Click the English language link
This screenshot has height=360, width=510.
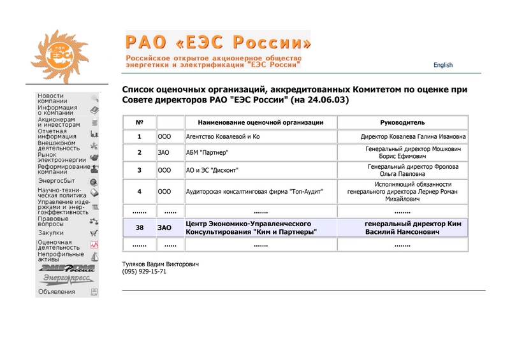[442, 65]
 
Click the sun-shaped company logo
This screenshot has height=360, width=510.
[61, 55]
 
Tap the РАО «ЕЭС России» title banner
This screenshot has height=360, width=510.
[218, 43]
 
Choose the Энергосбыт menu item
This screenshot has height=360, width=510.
[56, 181]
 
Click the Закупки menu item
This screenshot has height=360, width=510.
[51, 233]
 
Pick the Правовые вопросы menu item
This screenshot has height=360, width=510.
[53, 221]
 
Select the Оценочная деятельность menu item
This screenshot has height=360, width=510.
[58, 245]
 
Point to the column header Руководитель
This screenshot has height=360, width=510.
[402, 122]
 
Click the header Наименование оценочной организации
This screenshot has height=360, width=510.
[261, 122]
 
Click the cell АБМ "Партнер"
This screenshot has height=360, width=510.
[207, 153]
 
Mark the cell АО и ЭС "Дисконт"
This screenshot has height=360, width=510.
[212, 171]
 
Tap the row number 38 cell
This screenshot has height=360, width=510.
[139, 227]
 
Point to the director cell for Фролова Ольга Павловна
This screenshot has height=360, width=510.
[402, 170]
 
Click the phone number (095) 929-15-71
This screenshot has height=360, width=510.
[144, 271]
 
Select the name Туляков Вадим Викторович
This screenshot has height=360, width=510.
[161, 263]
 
